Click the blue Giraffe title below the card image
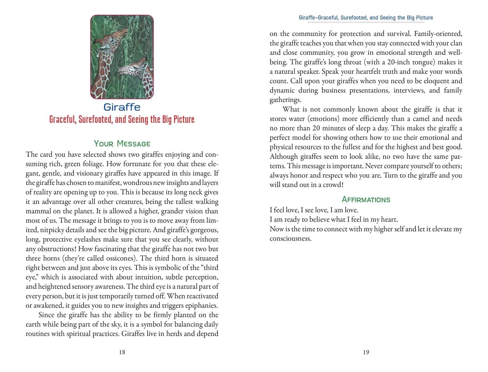(x=122, y=107)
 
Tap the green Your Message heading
(x=122, y=144)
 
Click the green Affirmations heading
(x=366, y=200)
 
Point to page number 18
(x=122, y=352)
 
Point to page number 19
(x=366, y=352)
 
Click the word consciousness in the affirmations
(x=290, y=239)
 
